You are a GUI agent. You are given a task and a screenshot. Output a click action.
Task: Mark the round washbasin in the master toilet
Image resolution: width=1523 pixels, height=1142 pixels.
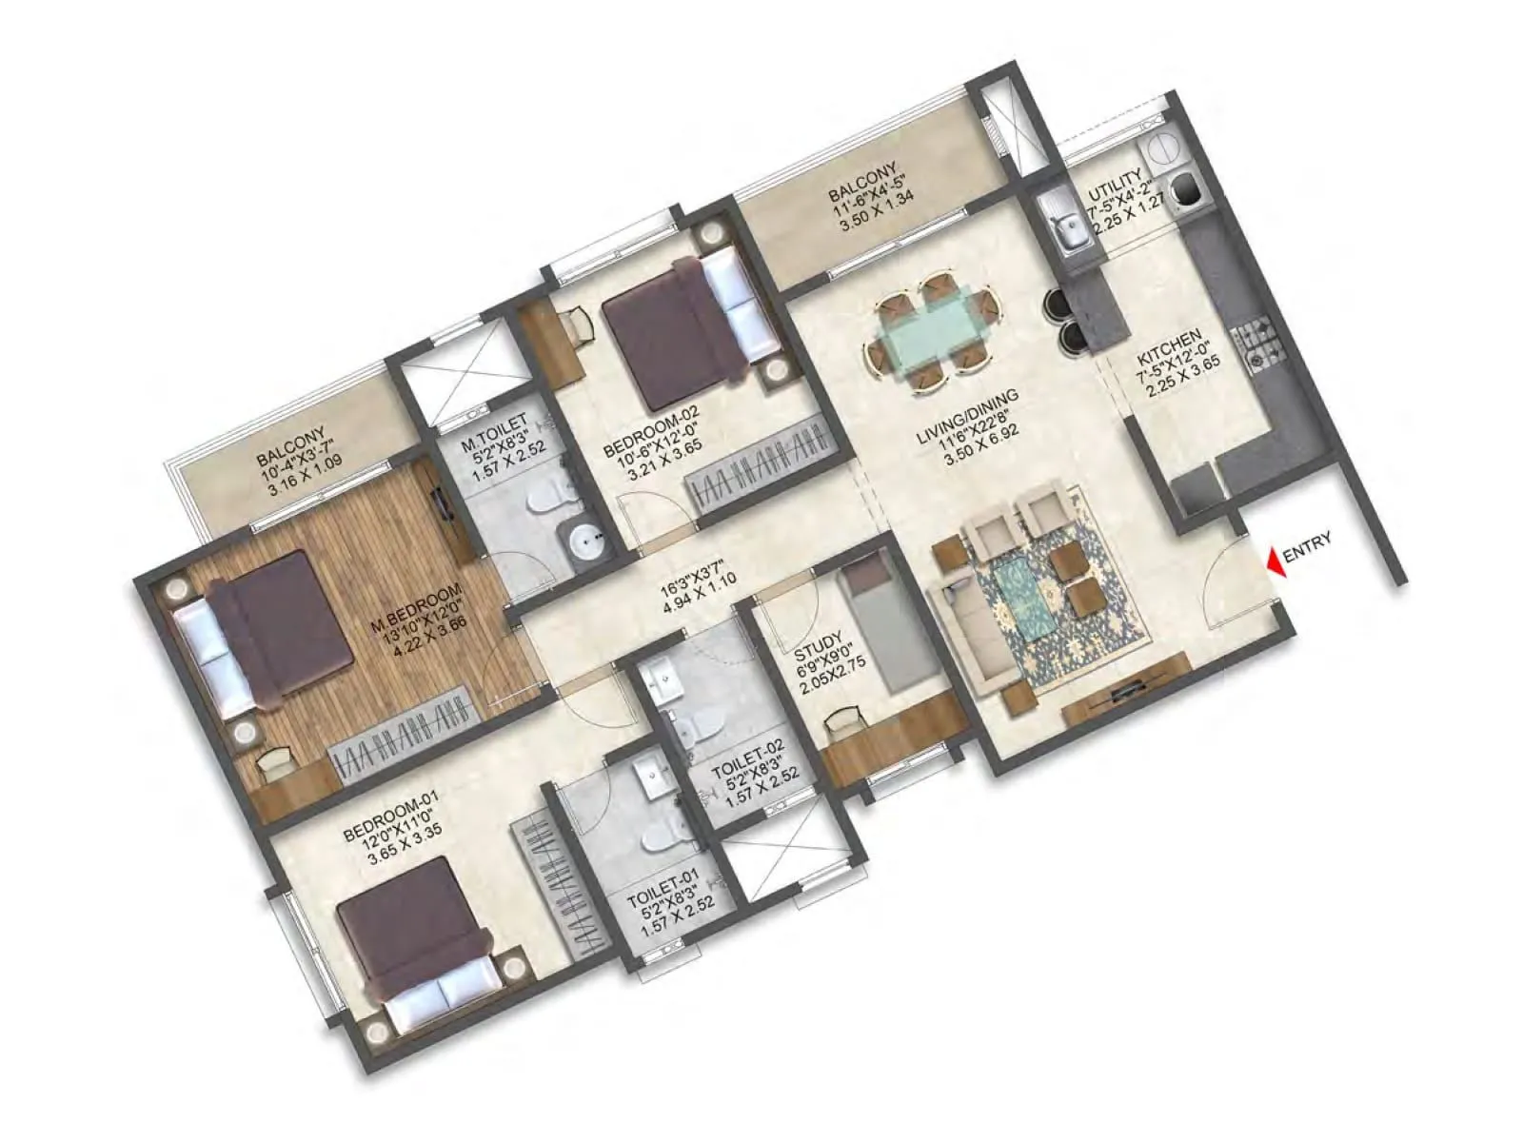[x=581, y=541]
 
